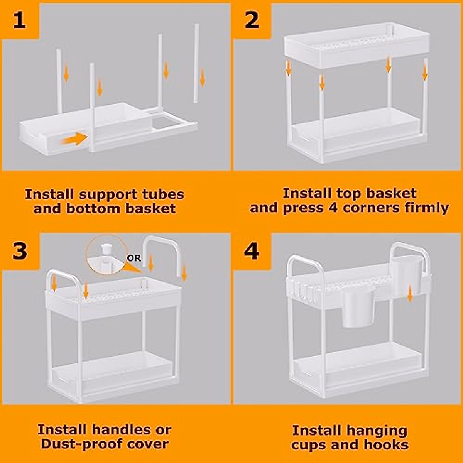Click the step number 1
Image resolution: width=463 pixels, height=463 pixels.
point(19,21)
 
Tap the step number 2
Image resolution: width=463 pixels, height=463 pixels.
point(252,20)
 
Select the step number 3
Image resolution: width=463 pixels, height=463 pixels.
point(20,251)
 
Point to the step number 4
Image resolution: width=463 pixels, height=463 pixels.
point(251,251)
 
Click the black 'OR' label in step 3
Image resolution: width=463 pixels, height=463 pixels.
point(134,258)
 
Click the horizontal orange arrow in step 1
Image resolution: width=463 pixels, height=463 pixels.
point(74,139)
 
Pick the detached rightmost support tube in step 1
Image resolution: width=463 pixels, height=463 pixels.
point(196,63)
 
